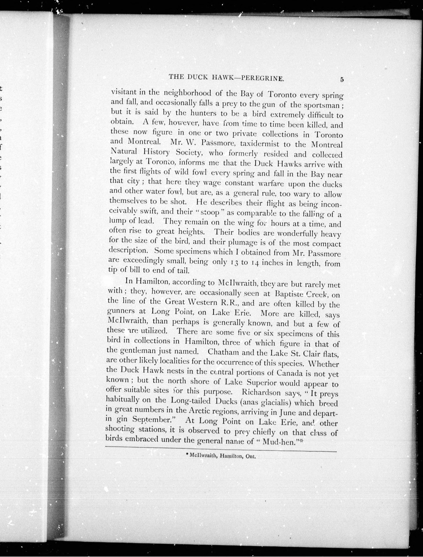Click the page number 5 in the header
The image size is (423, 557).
(x=342, y=79)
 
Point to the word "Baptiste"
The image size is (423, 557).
(x=289, y=294)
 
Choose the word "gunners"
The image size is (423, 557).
(x=121, y=312)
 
